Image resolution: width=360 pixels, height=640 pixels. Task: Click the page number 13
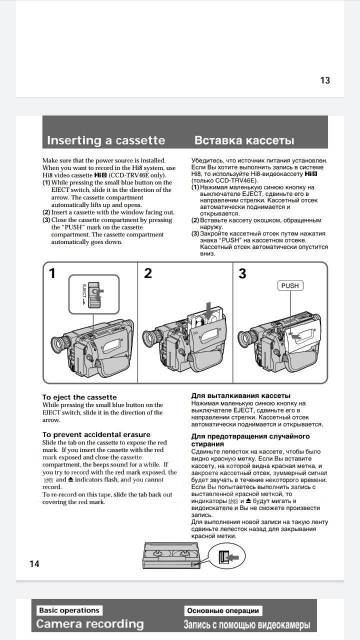[324, 81]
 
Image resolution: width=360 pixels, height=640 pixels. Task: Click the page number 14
[35, 563]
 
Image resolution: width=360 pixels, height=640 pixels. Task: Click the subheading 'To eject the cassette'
[79, 397]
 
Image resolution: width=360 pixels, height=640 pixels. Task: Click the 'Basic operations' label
[69, 609]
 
